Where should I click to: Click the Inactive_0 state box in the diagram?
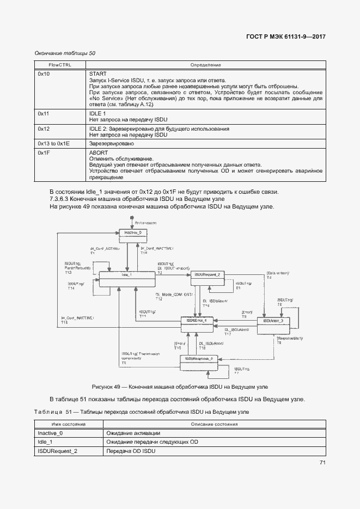click(133, 232)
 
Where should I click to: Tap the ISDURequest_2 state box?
click(208, 275)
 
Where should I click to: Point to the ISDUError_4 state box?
click(197, 322)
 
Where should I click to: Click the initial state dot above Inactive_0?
click(131, 219)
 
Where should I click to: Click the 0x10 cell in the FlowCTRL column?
click(44, 73)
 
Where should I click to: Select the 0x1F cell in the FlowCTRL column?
click(44, 153)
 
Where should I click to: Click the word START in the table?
click(97, 73)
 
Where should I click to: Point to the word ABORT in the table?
click(99, 153)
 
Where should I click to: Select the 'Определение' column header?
click(205, 65)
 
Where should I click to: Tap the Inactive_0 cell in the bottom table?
click(50, 433)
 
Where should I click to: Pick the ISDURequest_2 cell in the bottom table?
click(57, 451)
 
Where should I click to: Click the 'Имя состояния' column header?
click(69, 424)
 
